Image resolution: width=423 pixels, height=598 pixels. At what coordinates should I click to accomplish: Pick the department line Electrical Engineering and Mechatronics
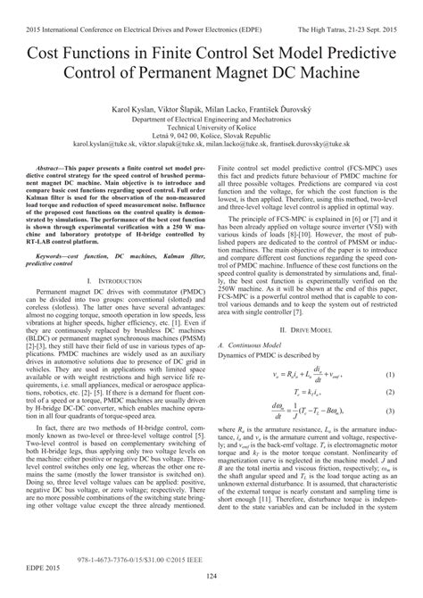click(x=211, y=116)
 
